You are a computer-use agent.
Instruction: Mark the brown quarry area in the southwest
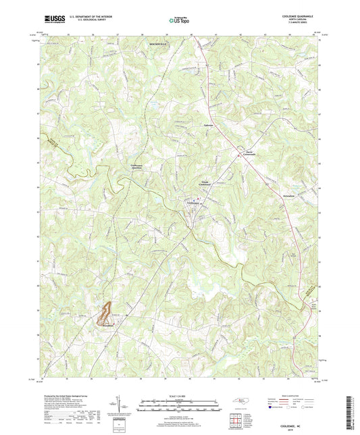pos(105,313)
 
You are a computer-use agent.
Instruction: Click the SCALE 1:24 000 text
pos(180,395)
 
